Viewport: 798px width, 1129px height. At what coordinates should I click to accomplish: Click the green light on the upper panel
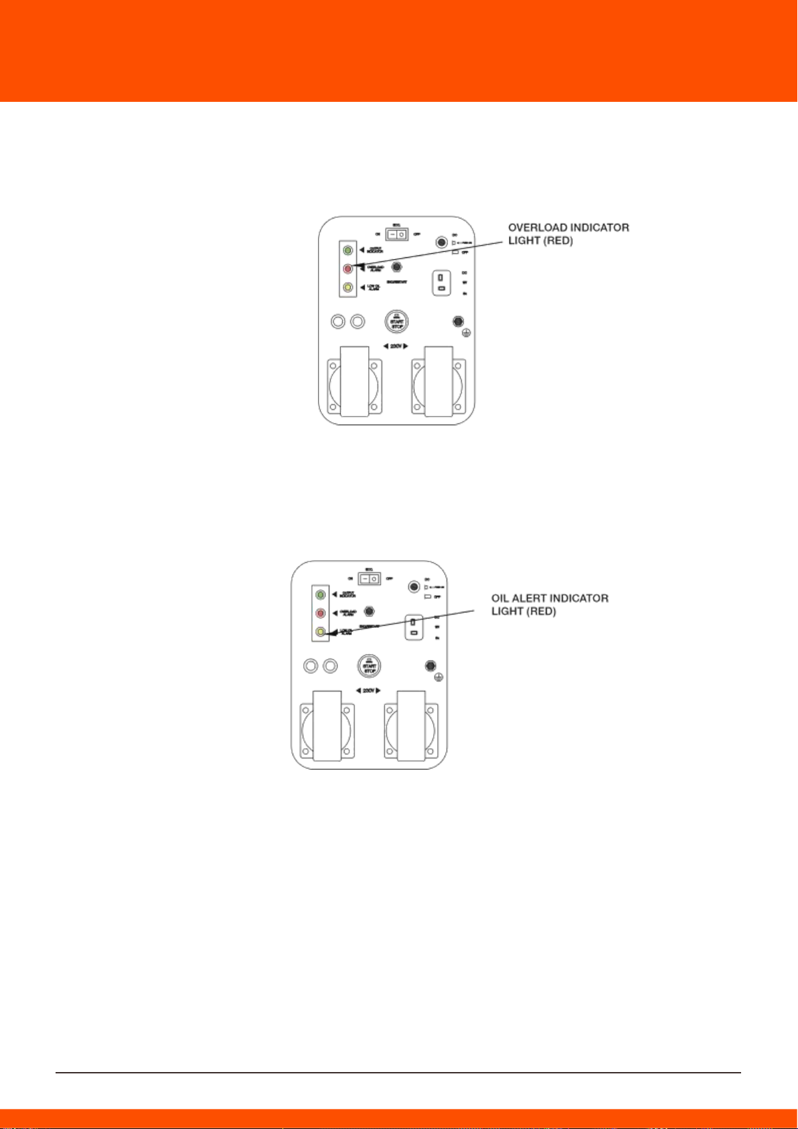[x=347, y=251]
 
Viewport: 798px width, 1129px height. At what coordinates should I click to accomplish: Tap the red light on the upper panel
[x=347, y=269]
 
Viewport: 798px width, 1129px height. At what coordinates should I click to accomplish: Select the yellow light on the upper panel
[x=347, y=288]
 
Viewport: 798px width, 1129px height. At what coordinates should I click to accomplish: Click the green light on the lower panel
[x=321, y=594]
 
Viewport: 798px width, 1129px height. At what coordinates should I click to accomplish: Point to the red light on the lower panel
[x=321, y=613]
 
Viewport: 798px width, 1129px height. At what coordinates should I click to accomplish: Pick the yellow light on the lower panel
[x=321, y=632]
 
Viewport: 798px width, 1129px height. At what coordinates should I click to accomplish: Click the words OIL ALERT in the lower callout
[x=519, y=598]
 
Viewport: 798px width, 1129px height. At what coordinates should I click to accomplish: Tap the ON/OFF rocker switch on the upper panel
[x=397, y=234]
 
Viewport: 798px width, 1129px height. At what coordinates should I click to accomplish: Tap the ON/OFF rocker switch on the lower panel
[x=370, y=578]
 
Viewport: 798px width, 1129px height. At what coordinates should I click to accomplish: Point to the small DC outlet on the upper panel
[x=442, y=283]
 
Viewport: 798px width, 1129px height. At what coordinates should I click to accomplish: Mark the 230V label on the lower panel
[x=368, y=691]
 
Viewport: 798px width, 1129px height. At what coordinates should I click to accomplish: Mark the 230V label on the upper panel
[x=396, y=346]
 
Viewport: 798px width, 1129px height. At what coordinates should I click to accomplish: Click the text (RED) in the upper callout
[x=560, y=241]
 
